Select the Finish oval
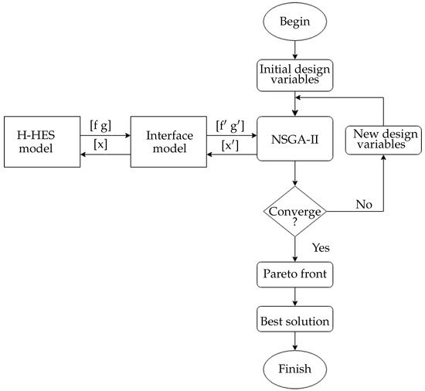tap(294, 369)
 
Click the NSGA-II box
tap(294, 139)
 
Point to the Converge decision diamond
tap(294, 211)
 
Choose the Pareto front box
tap(294, 274)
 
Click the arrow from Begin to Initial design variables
tap(294, 51)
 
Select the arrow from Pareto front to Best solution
tap(294, 296)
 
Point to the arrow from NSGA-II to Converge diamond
tap(294, 173)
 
